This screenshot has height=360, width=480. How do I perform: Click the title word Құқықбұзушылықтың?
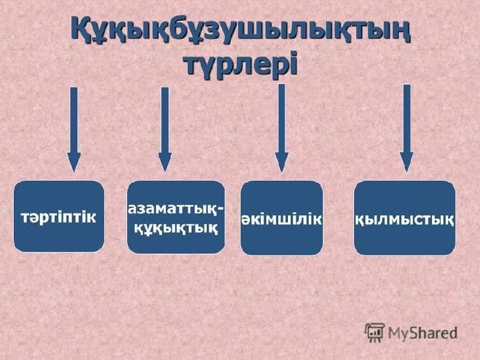point(241,31)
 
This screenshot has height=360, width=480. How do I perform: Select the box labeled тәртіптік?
point(59,217)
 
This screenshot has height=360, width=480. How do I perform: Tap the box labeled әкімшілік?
point(281,217)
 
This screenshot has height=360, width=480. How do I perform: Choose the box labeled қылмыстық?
point(405,217)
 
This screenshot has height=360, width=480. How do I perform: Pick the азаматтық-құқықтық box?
point(176,217)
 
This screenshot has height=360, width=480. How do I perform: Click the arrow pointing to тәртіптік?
point(74,130)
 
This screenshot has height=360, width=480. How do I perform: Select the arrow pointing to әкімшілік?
point(281,129)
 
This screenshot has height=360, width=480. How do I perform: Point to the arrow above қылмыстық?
point(407,128)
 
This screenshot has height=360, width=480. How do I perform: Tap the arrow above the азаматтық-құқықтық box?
point(165,130)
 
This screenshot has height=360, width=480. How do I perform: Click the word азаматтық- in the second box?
point(175,209)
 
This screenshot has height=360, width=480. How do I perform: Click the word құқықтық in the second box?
point(176,228)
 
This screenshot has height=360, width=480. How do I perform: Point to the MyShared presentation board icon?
point(374,332)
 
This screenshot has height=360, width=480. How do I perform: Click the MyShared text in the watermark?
point(423,333)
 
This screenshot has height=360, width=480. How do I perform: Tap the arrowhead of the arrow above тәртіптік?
point(74,163)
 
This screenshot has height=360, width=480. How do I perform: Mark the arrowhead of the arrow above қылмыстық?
point(407,162)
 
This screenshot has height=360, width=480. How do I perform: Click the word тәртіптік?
point(59,217)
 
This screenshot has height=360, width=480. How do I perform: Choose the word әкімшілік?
point(281,219)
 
